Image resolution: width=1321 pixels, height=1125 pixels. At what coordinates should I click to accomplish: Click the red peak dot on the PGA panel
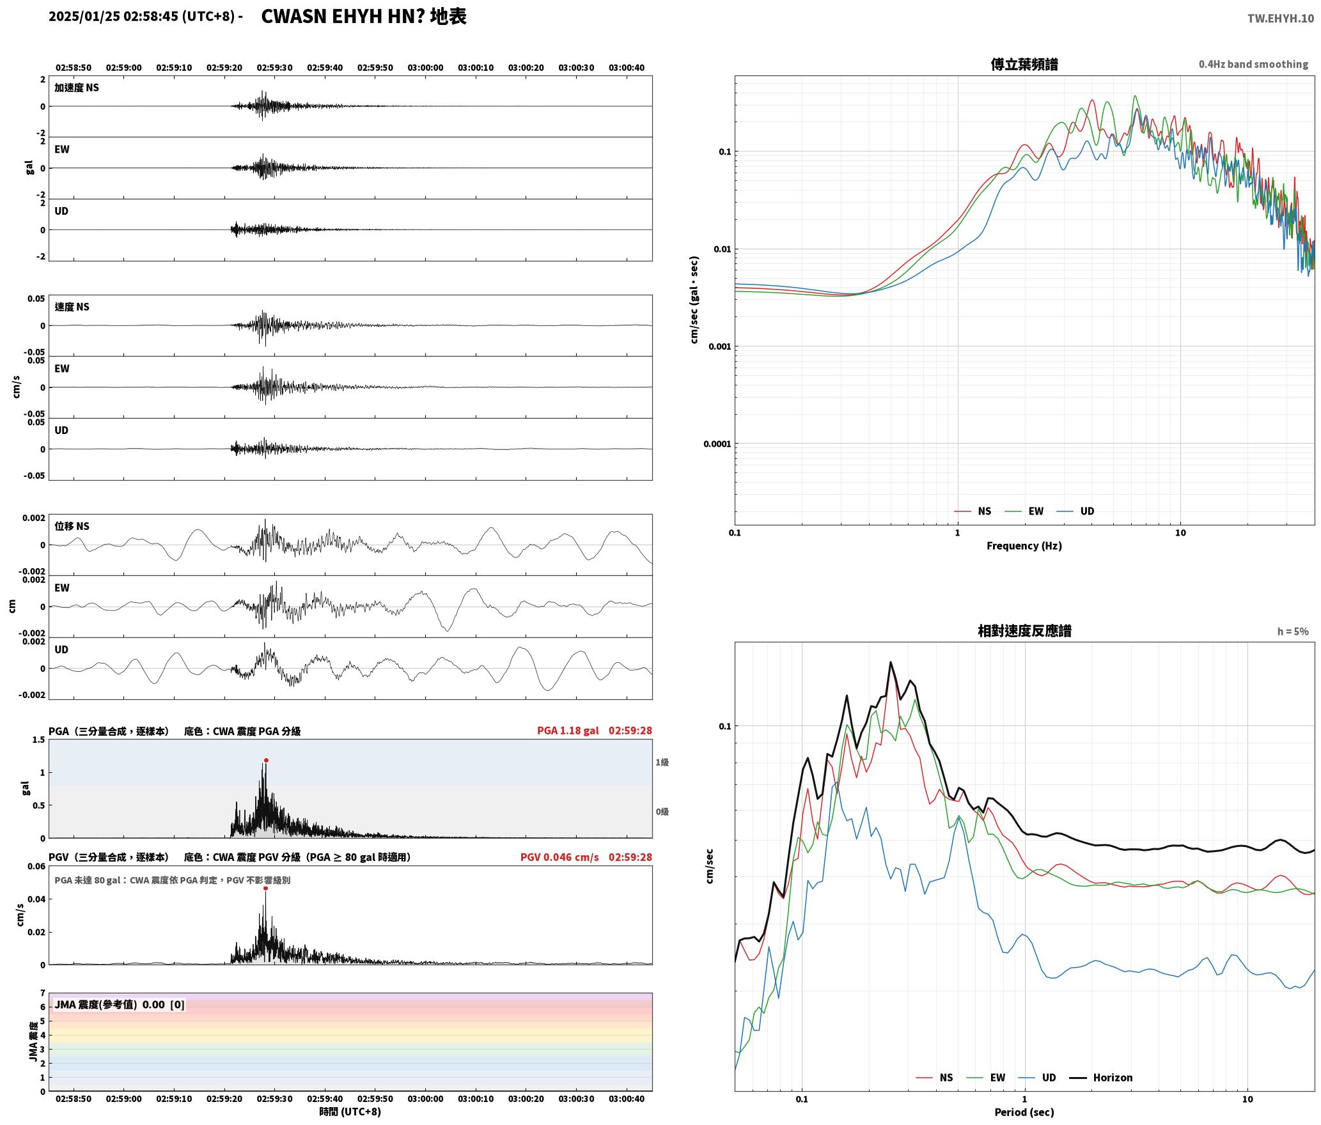pyautogui.click(x=266, y=761)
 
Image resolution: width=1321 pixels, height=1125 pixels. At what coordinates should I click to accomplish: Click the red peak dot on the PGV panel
pyautogui.click(x=265, y=888)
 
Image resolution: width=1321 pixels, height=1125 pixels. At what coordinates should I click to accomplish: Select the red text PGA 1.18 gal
pyautogui.click(x=568, y=731)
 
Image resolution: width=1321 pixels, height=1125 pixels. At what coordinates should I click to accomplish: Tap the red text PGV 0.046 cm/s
pyautogui.click(x=559, y=857)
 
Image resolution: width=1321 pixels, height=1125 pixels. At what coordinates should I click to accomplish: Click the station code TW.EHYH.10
pyautogui.click(x=1281, y=19)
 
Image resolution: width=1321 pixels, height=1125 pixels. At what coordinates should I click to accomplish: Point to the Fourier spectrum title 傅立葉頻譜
pyautogui.click(x=1024, y=65)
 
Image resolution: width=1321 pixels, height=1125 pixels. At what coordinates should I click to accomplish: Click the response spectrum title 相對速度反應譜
pyautogui.click(x=1024, y=631)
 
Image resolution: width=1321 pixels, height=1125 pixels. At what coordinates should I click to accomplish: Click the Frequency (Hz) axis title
pyautogui.click(x=1024, y=546)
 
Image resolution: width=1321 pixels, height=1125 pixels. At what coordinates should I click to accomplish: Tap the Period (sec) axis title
pyautogui.click(x=1024, y=1112)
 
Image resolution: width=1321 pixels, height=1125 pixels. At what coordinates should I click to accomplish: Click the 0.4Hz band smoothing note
pyautogui.click(x=1253, y=65)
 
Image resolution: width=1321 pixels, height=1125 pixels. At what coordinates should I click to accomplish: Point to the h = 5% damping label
pyautogui.click(x=1293, y=632)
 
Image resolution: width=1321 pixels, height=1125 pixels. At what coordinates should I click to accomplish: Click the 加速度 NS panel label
pyautogui.click(x=77, y=88)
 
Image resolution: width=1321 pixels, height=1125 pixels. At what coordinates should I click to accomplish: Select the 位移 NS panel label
pyautogui.click(x=72, y=526)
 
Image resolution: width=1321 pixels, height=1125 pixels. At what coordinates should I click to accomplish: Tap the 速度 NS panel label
pyautogui.click(x=72, y=307)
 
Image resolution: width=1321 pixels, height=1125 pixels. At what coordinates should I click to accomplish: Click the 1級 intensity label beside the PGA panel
pyautogui.click(x=662, y=762)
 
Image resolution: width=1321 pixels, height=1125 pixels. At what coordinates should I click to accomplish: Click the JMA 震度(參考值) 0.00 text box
pyautogui.click(x=120, y=1004)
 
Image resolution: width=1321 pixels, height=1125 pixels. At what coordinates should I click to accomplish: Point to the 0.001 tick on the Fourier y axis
pyautogui.click(x=719, y=346)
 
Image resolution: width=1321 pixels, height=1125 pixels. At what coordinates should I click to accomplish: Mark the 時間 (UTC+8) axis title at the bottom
pyautogui.click(x=350, y=1112)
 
